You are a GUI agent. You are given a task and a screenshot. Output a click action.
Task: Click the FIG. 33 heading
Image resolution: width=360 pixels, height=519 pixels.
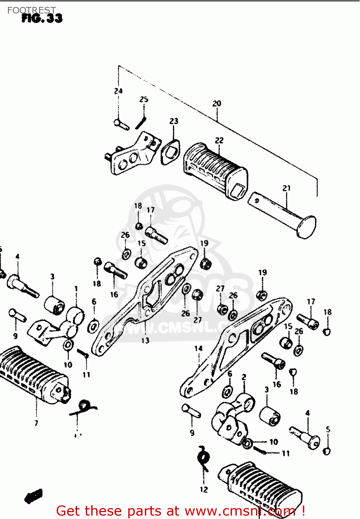pos(42,18)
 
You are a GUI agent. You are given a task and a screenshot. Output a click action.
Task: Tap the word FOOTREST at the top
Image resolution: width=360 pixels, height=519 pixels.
pos(31,10)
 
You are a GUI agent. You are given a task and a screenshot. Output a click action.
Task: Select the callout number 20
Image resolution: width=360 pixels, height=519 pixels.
pos(216,103)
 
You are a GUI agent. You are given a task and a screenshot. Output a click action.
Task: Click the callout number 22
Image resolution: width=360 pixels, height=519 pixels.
pos(219,140)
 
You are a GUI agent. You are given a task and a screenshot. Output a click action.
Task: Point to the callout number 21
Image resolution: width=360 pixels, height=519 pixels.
pos(286,188)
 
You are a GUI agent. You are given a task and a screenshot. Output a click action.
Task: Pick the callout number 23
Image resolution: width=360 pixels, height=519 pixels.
pos(174,121)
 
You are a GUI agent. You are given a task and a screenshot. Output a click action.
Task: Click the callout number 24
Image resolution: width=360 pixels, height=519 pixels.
pos(118,91)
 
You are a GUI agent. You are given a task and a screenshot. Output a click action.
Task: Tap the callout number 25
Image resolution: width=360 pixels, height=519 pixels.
pos(144,100)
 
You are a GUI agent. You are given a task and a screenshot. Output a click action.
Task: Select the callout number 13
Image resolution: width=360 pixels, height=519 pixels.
pos(145,340)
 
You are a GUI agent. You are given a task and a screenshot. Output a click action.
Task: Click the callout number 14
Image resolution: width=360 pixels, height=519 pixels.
pos(198,348)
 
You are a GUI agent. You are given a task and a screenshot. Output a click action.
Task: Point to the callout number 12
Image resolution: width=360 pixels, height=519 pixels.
pos(204,489)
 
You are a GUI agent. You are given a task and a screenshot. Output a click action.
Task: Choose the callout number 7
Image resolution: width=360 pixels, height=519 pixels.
pos(36,423)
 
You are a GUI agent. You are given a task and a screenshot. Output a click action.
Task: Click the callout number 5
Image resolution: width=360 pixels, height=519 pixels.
pos(328,429)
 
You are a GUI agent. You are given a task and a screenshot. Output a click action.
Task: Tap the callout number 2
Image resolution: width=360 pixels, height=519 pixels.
pos(244,377)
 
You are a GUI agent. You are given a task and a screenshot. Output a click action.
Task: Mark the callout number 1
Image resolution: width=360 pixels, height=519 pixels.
pos(76,289)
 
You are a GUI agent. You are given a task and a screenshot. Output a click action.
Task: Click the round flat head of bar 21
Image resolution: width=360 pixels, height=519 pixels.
pos(306,227)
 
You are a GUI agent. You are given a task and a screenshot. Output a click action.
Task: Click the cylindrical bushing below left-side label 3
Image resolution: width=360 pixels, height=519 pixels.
pos(55,305)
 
